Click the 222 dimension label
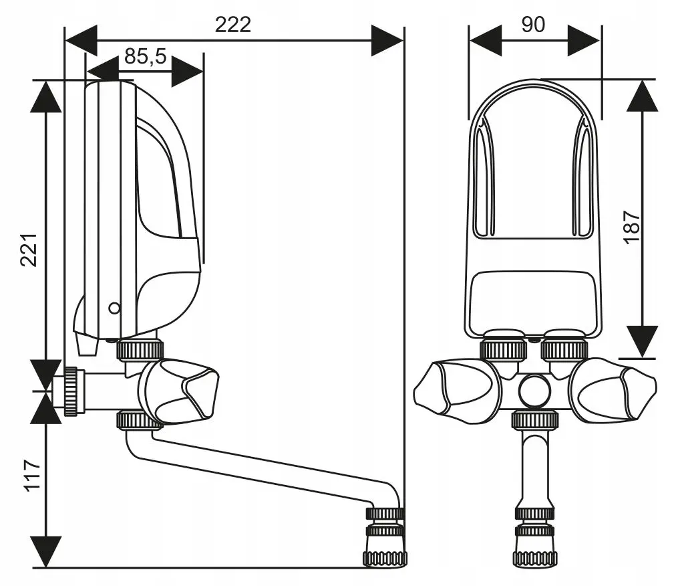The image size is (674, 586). pyautogui.click(x=232, y=24)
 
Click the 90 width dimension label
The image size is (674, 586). pyautogui.click(x=532, y=24)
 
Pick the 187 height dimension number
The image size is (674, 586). pyautogui.click(x=633, y=227)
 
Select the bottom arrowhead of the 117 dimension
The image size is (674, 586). pyautogui.click(x=46, y=551)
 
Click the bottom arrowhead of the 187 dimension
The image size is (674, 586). pyautogui.click(x=642, y=340)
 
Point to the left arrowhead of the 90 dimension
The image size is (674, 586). pyautogui.click(x=486, y=40)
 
